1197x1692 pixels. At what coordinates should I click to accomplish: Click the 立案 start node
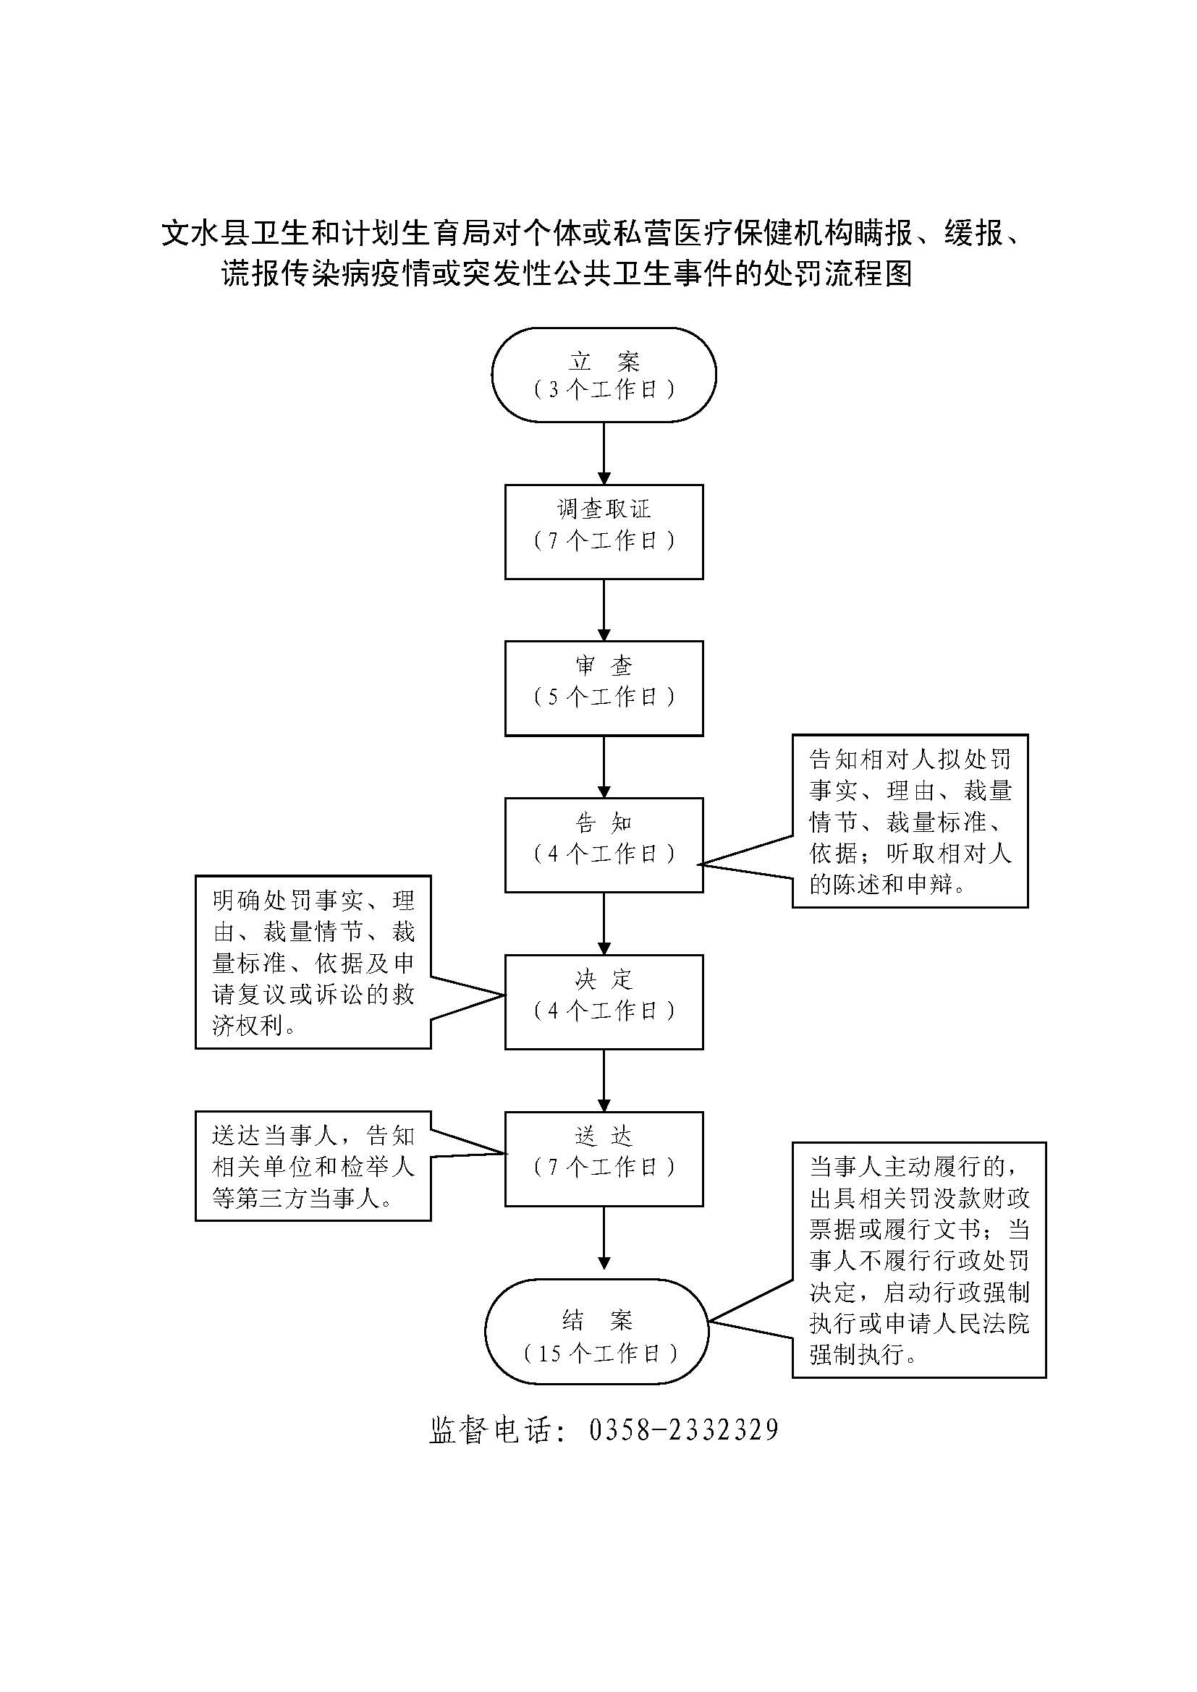(x=604, y=375)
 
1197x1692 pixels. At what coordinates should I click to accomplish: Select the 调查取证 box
(x=604, y=532)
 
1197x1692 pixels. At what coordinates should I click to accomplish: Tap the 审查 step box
(x=604, y=687)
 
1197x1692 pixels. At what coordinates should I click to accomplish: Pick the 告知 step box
(x=604, y=844)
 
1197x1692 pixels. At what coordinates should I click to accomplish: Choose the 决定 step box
(x=604, y=1001)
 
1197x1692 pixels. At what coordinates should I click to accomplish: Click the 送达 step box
(x=604, y=1158)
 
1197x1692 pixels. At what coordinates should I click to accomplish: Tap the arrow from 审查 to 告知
(x=604, y=766)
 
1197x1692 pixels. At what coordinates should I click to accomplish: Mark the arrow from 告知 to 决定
(x=604, y=923)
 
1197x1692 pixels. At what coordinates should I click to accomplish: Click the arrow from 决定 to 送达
(x=604, y=1080)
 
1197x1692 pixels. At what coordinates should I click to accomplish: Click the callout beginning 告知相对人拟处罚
(x=910, y=820)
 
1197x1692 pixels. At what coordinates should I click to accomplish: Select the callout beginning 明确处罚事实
(x=313, y=961)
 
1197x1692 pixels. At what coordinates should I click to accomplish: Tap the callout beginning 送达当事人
(x=313, y=1167)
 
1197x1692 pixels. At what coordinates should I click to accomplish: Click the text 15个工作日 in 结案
(x=600, y=1353)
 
